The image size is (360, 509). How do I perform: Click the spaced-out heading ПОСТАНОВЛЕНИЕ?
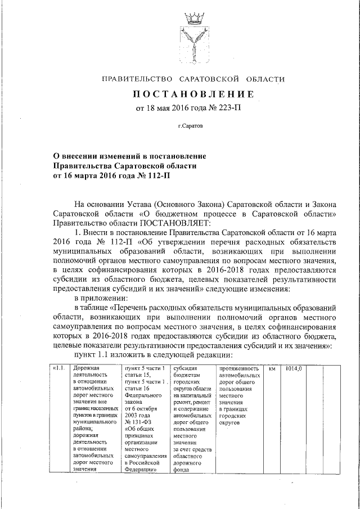tap(193, 94)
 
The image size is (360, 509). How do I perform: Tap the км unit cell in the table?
tap(272, 368)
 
